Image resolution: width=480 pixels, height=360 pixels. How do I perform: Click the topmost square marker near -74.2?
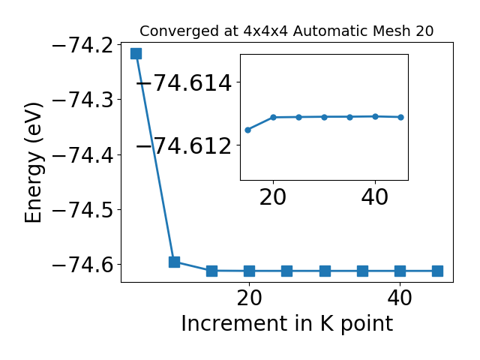[136, 53]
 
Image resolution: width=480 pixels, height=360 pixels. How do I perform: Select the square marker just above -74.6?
[174, 262]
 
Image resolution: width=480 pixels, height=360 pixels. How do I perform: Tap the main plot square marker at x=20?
[250, 271]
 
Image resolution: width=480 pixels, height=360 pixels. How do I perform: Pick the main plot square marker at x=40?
[400, 271]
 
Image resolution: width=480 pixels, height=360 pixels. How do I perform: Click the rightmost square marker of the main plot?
[438, 271]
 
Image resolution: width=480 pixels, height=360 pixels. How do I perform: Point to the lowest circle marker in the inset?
[248, 130]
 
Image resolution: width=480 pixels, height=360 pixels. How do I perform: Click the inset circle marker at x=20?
[273, 117]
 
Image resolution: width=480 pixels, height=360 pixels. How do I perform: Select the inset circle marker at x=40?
[375, 117]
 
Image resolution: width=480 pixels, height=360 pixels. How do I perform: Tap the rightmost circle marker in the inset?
[400, 117]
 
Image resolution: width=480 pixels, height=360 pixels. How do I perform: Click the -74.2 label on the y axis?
[83, 46]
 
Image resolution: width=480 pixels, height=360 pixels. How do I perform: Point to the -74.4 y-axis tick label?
[83, 155]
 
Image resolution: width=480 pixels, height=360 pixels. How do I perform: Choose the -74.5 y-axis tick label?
[83, 210]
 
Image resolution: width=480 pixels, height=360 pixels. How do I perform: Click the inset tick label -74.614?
[184, 82]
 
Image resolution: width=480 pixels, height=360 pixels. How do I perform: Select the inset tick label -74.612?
[184, 145]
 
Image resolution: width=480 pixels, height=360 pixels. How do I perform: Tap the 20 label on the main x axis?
[250, 298]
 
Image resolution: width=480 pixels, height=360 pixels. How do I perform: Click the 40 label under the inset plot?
[375, 196]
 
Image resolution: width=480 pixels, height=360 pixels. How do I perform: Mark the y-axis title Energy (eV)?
[33, 163]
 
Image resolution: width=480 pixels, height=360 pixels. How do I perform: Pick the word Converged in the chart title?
[180, 31]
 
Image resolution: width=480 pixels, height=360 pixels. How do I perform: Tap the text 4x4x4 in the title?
[266, 31]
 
